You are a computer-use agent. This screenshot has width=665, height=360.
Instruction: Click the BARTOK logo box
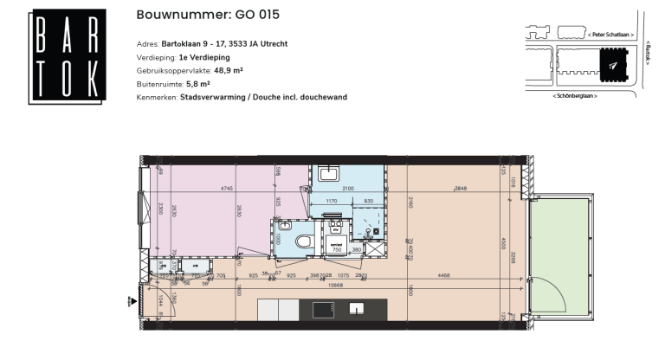click(x=67, y=57)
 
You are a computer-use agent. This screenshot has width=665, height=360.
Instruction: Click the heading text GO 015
click(x=257, y=15)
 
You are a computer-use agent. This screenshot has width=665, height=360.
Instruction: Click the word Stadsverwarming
click(x=210, y=97)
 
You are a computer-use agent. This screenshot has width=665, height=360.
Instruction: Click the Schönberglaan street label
click(x=579, y=95)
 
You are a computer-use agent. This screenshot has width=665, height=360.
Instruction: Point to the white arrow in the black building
click(x=613, y=65)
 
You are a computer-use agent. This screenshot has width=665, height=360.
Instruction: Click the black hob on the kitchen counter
click(x=323, y=309)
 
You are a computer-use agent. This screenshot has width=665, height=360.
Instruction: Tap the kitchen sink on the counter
click(x=357, y=308)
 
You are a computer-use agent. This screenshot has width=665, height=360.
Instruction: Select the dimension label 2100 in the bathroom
click(x=347, y=188)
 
